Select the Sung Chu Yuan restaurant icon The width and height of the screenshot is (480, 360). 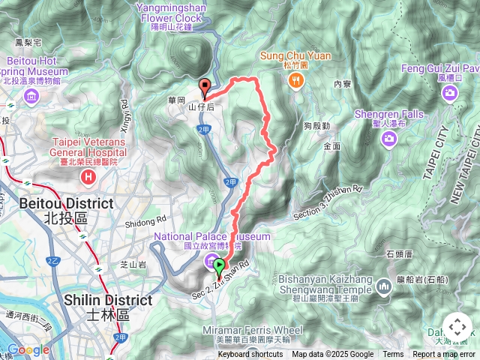tap(298, 79)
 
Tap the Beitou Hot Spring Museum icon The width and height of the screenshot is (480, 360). tap(31, 96)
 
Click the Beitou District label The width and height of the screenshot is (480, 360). tap(66, 203)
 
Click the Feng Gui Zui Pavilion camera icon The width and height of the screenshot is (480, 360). tap(449, 92)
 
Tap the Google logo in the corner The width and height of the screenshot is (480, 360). tap(28, 349)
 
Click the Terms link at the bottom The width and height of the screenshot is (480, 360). tap(393, 355)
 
